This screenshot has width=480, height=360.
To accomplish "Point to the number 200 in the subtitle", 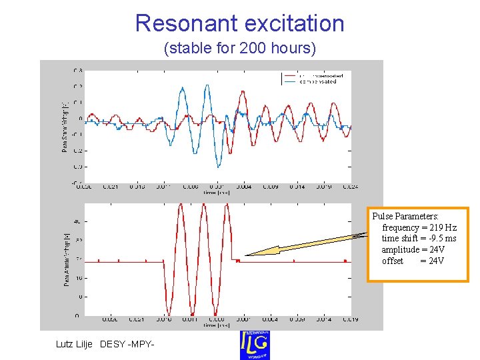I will point(251,49).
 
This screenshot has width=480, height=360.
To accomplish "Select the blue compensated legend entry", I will point(317,82).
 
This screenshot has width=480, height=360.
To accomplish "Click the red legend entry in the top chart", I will point(317,76).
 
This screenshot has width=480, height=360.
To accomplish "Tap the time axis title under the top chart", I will point(217,192).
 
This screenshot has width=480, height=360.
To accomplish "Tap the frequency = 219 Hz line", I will point(419,227).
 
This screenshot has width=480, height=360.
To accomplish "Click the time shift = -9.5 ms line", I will point(419,238).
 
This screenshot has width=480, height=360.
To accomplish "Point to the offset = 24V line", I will point(413,261).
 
